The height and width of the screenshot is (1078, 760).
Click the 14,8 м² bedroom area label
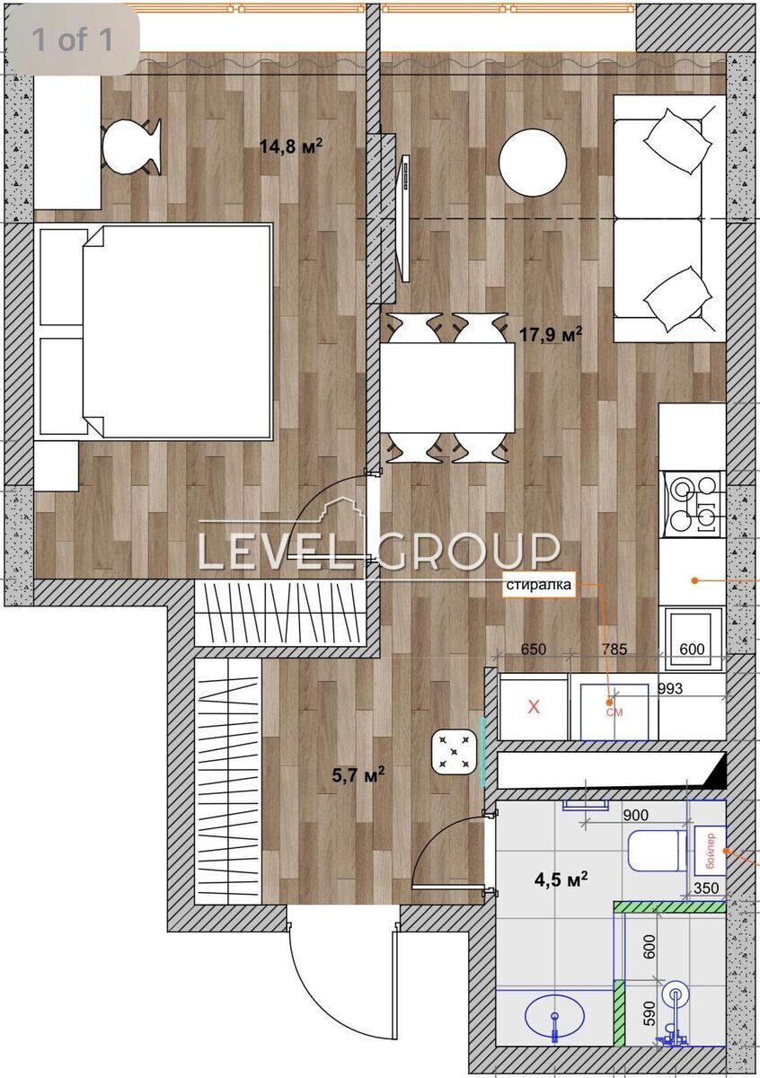click(291, 146)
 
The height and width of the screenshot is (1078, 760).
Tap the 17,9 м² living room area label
click(551, 334)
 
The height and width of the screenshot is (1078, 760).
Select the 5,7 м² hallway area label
click(358, 774)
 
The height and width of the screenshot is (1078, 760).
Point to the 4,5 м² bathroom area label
click(561, 880)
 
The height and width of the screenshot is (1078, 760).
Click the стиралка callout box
click(539, 585)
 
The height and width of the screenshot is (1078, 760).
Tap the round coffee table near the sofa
click(533, 163)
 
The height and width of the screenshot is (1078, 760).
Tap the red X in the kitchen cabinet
click(534, 707)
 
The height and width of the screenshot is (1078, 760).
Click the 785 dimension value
click(614, 649)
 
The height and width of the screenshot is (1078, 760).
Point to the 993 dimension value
click(670, 689)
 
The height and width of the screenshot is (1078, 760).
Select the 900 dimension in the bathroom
click(635, 816)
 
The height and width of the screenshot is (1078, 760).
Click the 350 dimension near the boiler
click(705, 888)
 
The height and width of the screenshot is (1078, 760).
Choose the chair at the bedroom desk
click(131, 146)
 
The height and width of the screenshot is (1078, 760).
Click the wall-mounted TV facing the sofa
click(405, 218)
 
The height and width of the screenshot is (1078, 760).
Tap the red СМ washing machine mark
click(614, 711)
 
